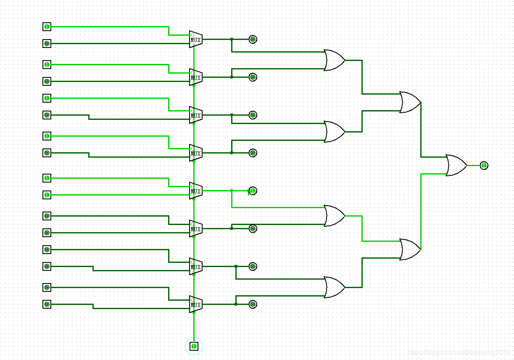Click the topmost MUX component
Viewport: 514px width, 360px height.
point(195,40)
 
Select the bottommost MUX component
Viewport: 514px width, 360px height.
point(195,304)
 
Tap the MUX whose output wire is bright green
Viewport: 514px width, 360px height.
point(195,191)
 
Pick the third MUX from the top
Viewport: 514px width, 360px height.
point(195,115)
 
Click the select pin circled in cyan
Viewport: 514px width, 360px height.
point(194,346)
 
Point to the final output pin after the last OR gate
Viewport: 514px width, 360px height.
point(484,166)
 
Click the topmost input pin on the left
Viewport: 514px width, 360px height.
point(47,27)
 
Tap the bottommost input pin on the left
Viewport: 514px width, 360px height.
point(47,304)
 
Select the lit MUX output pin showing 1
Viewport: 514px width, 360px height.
point(252,191)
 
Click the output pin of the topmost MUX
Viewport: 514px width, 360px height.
point(253,40)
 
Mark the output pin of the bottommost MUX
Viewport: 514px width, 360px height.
point(253,304)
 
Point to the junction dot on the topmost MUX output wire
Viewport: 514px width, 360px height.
point(232,40)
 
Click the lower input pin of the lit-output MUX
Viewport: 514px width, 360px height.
point(47,195)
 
